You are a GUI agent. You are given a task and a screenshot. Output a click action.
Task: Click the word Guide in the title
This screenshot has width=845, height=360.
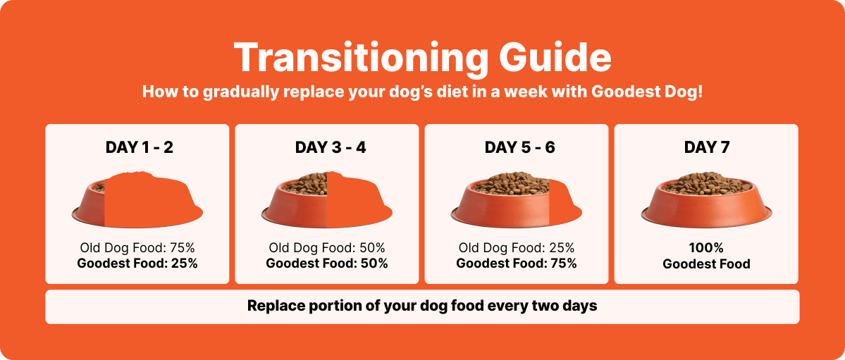pos(556,56)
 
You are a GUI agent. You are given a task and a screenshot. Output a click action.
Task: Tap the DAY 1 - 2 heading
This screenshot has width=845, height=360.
pos(139,147)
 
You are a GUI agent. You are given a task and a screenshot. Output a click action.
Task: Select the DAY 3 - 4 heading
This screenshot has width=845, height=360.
pos(331,147)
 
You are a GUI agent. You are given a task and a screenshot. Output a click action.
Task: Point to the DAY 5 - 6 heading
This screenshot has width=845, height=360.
pos(519,147)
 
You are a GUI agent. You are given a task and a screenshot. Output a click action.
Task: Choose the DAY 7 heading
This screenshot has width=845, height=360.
pos(706,147)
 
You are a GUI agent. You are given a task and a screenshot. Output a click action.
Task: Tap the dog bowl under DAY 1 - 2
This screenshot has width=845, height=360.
pos(137,199)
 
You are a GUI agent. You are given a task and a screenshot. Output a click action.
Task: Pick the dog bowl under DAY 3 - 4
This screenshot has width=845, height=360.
pos(327,199)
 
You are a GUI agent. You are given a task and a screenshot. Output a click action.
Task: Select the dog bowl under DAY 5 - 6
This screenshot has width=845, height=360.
pos(517,199)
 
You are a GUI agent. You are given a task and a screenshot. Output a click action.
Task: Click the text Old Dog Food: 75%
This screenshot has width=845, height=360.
pos(137,248)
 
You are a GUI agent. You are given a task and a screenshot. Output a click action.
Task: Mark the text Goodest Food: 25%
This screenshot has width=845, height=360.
pos(137,263)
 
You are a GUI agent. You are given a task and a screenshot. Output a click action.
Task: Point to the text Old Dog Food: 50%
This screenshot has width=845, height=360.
pos(327,248)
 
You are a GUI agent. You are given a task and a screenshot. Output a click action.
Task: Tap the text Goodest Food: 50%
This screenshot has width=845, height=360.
pos(327,263)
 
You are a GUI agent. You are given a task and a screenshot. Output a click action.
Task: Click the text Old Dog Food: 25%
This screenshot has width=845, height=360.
pos(517,248)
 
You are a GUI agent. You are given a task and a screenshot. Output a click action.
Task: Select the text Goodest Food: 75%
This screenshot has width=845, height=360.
pos(517,263)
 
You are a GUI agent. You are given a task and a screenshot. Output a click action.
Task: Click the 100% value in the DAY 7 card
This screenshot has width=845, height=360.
pos(706,248)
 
